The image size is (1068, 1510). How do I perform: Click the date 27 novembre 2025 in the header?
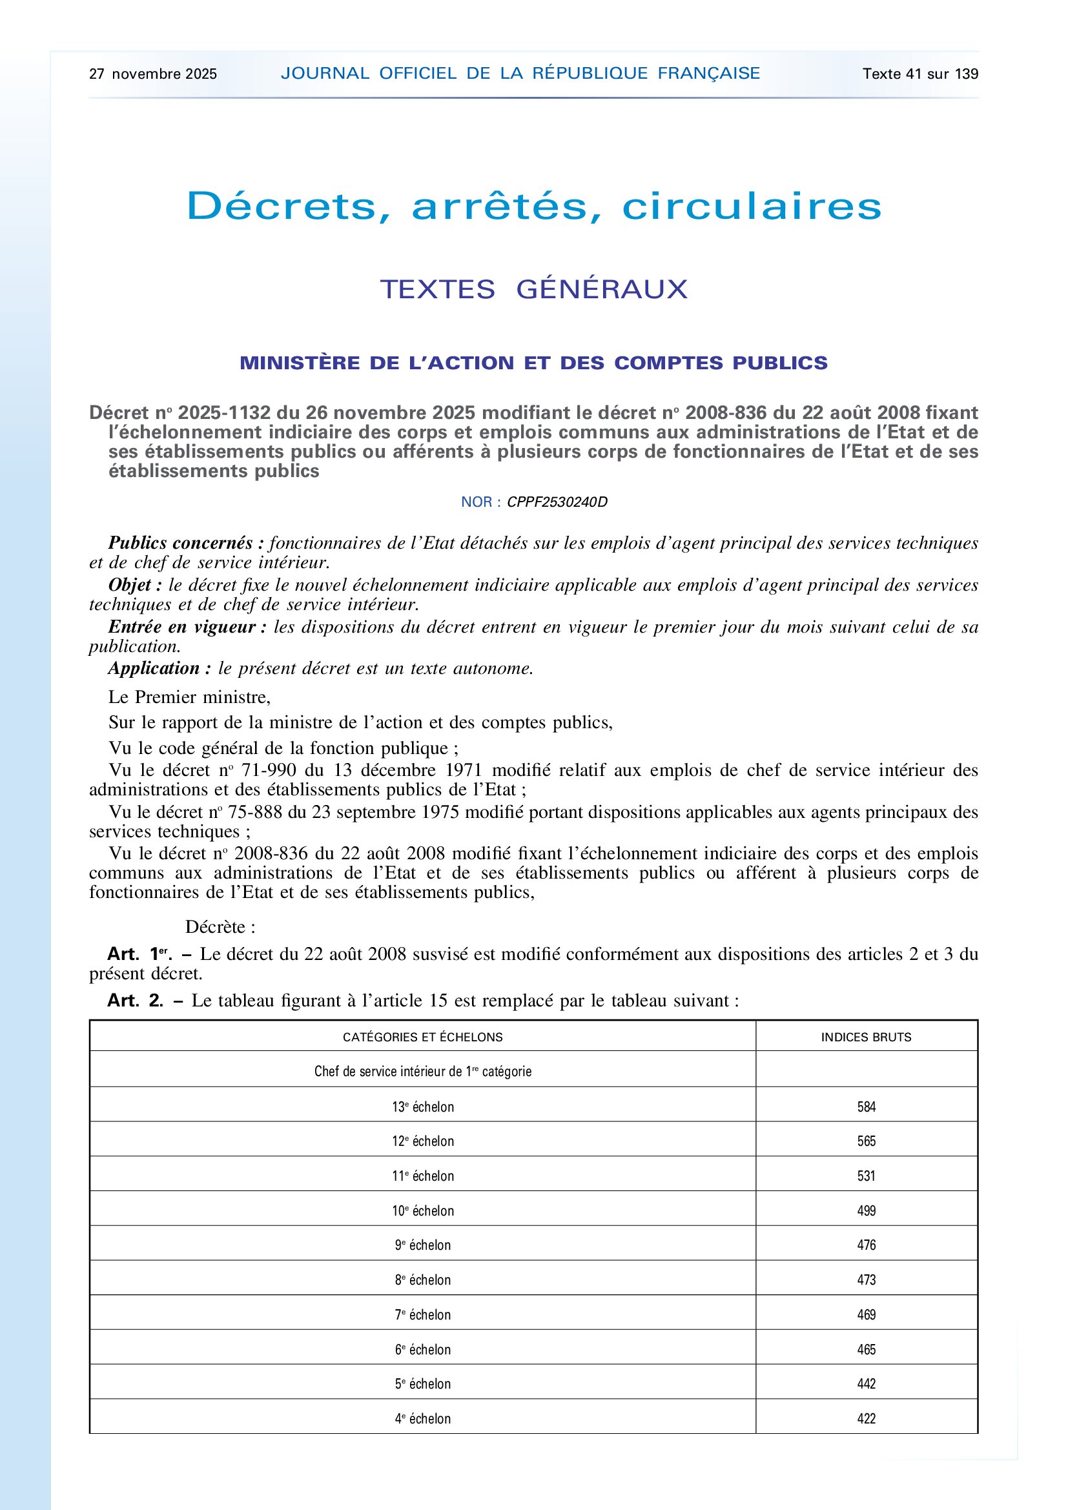[x=152, y=74]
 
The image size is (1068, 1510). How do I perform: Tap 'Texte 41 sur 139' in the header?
[x=920, y=74]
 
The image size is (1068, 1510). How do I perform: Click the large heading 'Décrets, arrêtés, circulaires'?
[x=533, y=206]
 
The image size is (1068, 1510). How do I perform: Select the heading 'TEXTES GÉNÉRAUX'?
[x=533, y=289]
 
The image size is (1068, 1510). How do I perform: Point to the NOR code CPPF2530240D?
[x=557, y=502]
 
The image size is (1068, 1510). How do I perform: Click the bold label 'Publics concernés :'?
[x=186, y=543]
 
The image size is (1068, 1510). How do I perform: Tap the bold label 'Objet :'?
[x=136, y=586]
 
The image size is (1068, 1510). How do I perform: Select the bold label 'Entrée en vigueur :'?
[x=187, y=627]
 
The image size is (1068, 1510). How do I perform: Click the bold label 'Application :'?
[x=159, y=669]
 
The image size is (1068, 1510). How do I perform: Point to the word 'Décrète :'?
[x=220, y=927]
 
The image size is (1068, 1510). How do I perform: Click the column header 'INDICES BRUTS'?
[x=866, y=1038]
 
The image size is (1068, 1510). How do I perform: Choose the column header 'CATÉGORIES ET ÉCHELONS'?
[x=423, y=1038]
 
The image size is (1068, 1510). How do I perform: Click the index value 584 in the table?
[x=866, y=1108]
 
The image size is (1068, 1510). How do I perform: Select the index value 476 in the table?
[x=866, y=1245]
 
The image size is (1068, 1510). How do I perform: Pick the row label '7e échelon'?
[x=423, y=1315]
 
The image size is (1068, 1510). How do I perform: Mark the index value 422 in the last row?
[x=866, y=1419]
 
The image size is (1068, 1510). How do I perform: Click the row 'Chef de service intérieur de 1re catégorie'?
[x=423, y=1072]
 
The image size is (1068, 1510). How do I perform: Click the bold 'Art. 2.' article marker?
[x=136, y=1001]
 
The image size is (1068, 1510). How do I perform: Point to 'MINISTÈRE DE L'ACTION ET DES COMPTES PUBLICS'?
[x=533, y=363]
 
